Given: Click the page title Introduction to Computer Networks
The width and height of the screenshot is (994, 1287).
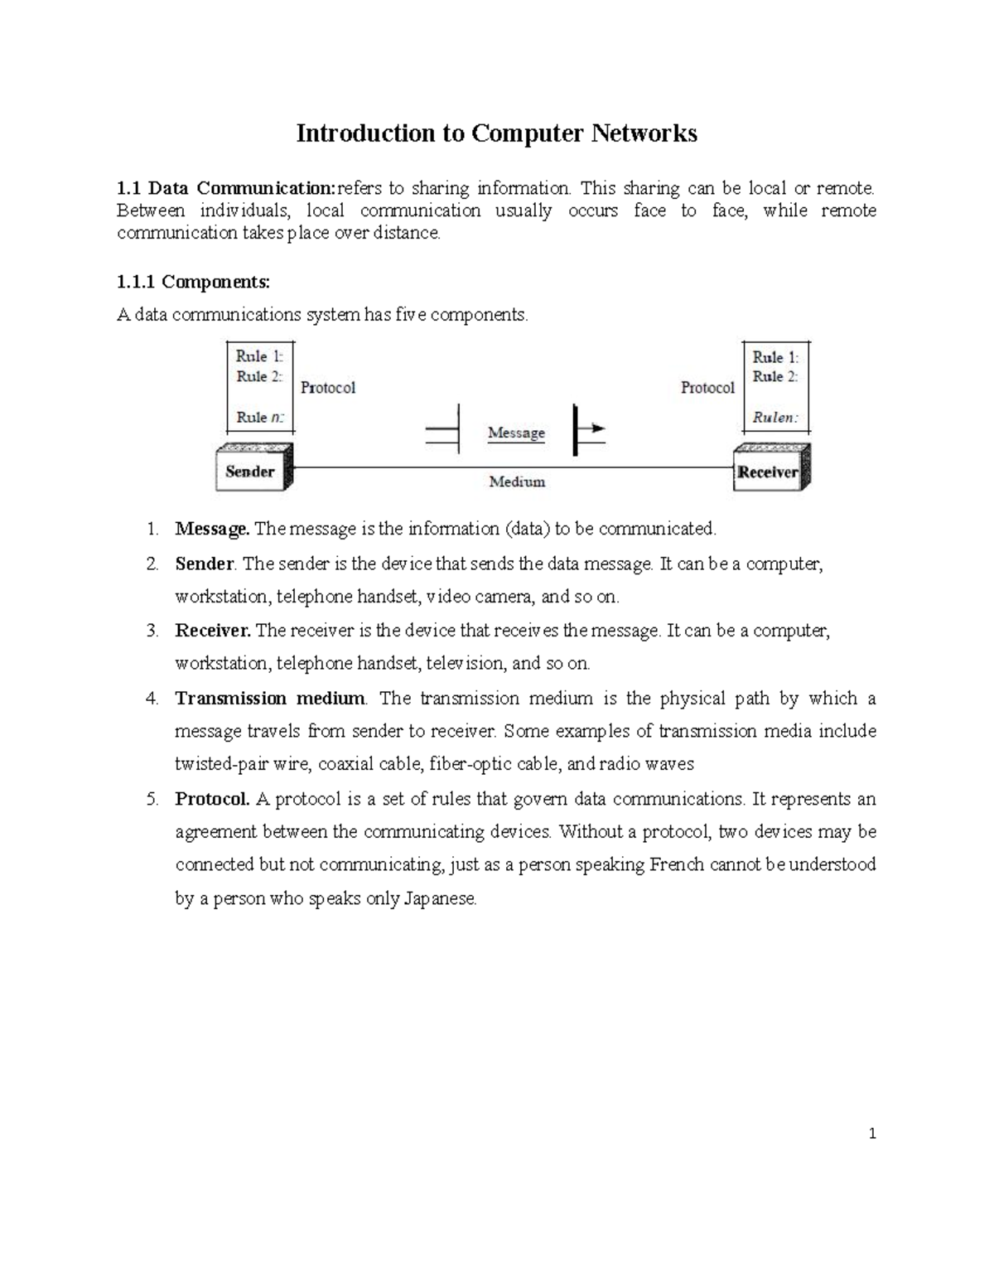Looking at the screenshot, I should [x=497, y=133].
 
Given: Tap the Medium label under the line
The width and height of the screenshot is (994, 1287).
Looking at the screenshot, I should [x=517, y=481].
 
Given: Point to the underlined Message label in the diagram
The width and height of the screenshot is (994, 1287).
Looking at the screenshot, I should [x=516, y=433].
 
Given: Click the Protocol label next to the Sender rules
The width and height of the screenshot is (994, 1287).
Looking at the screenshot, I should [x=328, y=388].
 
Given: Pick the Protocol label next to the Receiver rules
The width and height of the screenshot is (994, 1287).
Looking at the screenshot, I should [x=707, y=388].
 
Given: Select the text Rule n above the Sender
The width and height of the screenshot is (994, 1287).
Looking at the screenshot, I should [x=259, y=418].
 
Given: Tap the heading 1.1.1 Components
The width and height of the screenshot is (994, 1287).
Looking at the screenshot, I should [x=194, y=282].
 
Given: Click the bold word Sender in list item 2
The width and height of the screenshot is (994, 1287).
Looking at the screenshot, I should [x=205, y=564].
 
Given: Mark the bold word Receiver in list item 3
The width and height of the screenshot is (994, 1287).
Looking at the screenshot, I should [x=213, y=631].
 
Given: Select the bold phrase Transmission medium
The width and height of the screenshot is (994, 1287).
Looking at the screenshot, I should [x=270, y=699].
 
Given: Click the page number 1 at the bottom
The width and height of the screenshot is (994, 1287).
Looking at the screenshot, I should [x=872, y=1134].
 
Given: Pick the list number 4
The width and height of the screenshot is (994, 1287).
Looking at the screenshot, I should [x=152, y=699].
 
